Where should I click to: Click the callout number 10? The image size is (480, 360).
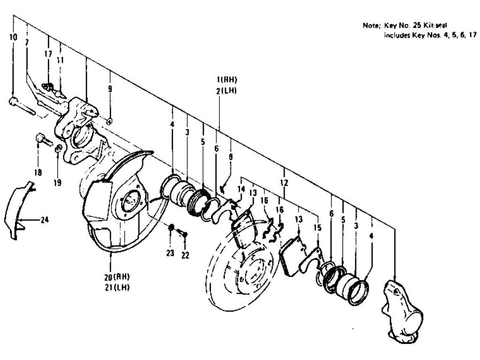coord(13,37)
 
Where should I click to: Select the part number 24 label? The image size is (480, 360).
coord(44,219)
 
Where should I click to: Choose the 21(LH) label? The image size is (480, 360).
coord(117,286)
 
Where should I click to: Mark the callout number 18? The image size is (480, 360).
coord(38,172)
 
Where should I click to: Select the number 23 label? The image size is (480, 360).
coord(170,253)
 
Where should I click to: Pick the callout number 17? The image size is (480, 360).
coord(48,54)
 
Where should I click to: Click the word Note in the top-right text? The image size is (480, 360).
coord(370,26)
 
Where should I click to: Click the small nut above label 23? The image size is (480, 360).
coord(172,228)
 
